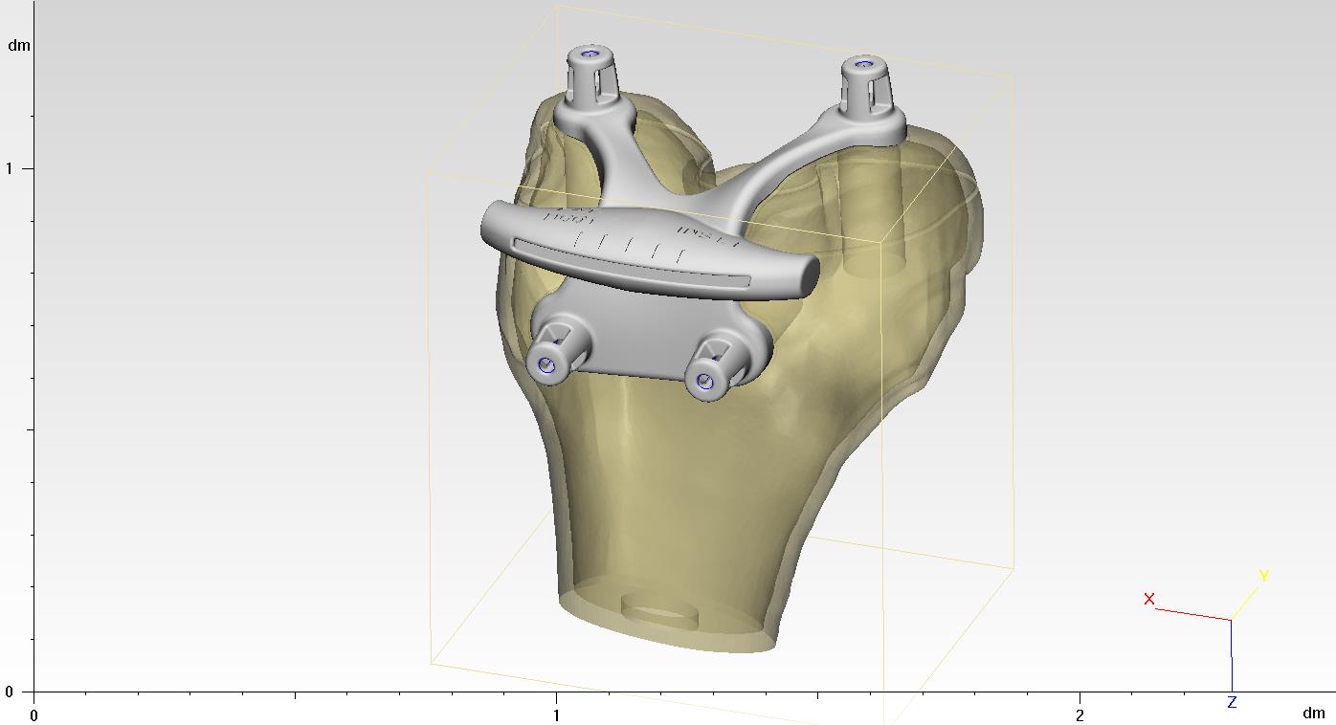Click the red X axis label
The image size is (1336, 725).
coord(1148,600)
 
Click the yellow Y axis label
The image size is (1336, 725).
coord(1263,576)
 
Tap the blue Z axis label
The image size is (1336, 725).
coord(1232,703)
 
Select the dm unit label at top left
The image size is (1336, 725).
coord(19,45)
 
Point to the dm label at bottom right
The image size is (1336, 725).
coord(1313,714)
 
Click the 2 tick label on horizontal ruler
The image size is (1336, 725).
coord(1080,714)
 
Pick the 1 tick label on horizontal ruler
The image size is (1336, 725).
coord(556,714)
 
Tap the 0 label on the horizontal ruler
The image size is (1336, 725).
coord(34,714)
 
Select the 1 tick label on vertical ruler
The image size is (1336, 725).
coord(10,168)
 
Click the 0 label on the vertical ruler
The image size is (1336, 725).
coord(10,691)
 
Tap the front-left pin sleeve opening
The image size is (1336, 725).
coord(546,365)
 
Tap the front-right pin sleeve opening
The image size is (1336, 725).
coord(706,383)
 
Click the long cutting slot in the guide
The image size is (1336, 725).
coord(632,262)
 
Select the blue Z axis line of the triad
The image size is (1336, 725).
coord(1231,655)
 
